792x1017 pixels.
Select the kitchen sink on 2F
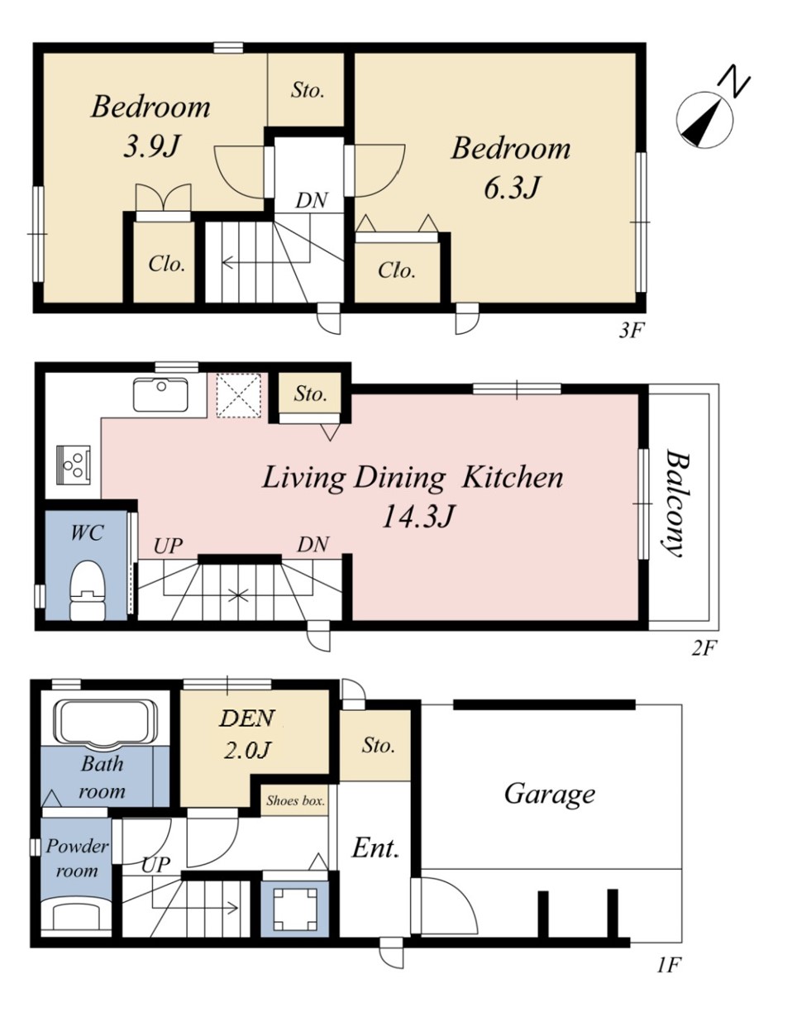161,394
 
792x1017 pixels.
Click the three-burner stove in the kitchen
74,465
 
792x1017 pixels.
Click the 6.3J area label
512,187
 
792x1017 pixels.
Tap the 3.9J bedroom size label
151,146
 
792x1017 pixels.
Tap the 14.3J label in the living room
418,518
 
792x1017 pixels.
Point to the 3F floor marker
632,331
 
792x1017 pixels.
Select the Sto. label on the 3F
308,89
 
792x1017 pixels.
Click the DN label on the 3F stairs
311,200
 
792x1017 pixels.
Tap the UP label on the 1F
155,865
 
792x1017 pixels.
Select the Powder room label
77,858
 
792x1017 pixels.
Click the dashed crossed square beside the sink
238,395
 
